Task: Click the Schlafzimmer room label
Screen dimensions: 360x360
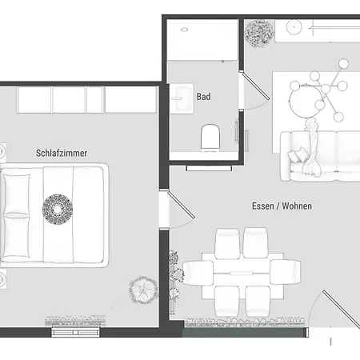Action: click(62, 153)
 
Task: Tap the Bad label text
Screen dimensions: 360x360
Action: click(203, 97)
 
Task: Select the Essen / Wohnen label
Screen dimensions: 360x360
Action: click(282, 206)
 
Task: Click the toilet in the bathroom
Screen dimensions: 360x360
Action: click(210, 138)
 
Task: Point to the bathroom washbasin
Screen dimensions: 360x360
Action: click(182, 98)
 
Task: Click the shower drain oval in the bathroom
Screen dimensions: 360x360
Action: click(184, 30)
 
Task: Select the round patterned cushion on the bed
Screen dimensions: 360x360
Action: click(58, 210)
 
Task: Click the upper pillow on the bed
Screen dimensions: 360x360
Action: click(17, 194)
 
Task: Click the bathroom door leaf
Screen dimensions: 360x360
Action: click(255, 86)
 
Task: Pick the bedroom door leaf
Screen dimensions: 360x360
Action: click(181, 204)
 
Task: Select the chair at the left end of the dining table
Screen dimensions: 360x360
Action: click(198, 272)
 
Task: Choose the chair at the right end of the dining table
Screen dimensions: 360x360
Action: click(285, 272)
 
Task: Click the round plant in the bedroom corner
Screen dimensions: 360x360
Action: click(143, 290)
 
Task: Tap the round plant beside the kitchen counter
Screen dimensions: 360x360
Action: click(259, 34)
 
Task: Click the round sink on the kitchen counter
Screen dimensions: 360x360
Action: click(294, 27)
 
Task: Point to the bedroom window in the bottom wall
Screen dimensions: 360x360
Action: click(75, 332)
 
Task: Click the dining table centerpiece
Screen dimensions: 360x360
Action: click(241, 273)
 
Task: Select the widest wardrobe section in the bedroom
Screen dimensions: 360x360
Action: click(130, 100)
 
